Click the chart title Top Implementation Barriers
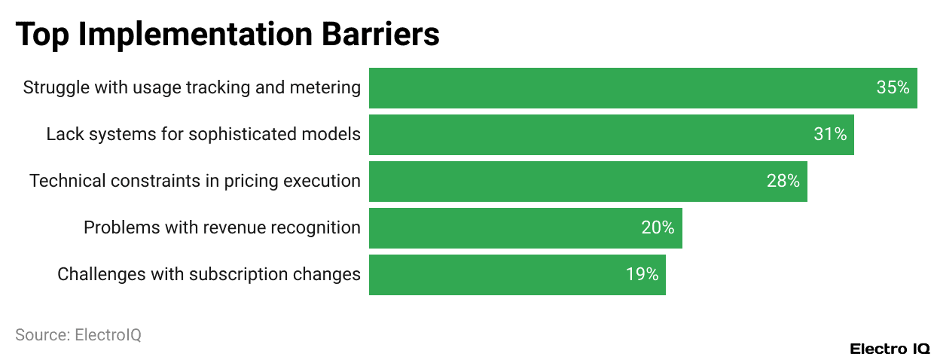point(227,35)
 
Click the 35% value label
point(893,88)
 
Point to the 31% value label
point(830,135)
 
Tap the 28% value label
point(783,182)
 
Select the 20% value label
point(658,228)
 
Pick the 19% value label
point(642,275)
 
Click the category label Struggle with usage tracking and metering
point(191,88)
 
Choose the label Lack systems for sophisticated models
point(203,135)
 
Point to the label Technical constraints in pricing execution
point(194,182)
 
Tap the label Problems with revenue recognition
point(221,228)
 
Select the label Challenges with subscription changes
point(209,275)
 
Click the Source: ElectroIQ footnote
point(78,335)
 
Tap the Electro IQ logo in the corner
point(890,349)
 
